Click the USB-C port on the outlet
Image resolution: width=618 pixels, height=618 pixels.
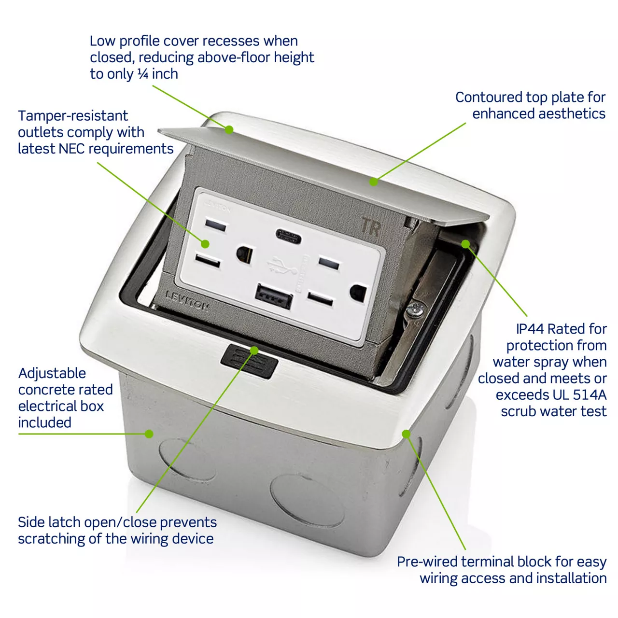click(288, 236)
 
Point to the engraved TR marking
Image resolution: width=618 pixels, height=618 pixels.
click(371, 227)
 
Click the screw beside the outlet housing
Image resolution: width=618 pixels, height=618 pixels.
click(415, 310)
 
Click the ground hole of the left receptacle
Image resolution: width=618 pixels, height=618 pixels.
click(244, 254)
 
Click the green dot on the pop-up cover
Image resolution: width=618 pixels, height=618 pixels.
click(229, 129)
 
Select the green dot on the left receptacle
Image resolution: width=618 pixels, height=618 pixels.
click(205, 244)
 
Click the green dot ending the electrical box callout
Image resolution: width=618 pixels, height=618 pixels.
click(149, 434)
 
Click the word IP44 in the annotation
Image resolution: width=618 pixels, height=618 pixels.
click(530, 329)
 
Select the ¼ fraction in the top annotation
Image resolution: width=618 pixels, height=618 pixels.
click(143, 74)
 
